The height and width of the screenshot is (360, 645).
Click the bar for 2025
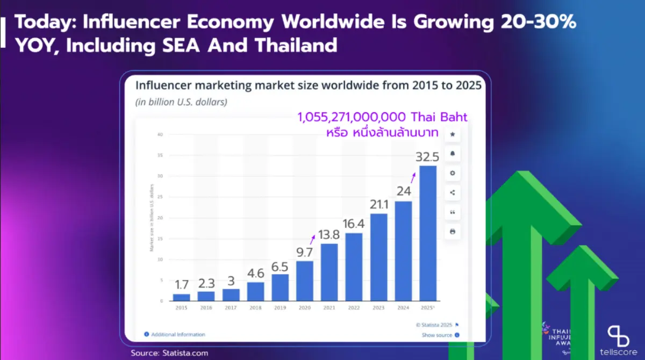coord(428,233)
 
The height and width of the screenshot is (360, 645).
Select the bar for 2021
coord(329,272)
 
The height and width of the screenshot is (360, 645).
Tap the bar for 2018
coord(255,291)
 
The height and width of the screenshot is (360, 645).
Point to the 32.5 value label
coord(428,157)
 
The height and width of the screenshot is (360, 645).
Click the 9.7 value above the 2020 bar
coord(304,251)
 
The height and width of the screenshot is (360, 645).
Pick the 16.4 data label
coord(354,224)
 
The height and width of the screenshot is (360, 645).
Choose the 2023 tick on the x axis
coord(378,307)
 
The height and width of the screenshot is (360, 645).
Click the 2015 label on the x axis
coord(181,307)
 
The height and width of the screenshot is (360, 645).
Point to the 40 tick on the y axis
coord(160,134)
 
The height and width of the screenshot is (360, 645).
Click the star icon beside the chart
coord(453,134)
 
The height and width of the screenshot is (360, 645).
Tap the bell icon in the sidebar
coord(453,154)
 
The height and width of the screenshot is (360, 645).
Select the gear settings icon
coord(453,173)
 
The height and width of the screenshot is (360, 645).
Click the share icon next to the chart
coord(453,192)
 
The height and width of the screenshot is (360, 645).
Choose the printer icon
coord(453,232)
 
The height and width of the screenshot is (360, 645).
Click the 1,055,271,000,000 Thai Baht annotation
coord(383,118)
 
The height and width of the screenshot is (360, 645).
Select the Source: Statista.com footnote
coord(169,353)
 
